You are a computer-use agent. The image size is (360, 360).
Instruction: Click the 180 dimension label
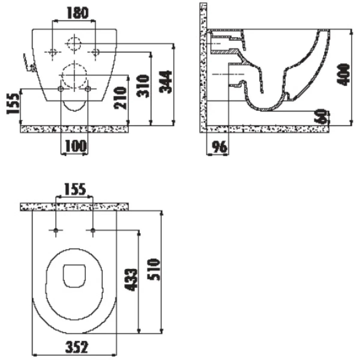77,13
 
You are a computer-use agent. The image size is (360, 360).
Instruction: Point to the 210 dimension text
120,98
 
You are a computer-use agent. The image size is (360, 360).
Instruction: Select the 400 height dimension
343,74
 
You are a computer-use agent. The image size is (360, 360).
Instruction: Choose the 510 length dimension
154,269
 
